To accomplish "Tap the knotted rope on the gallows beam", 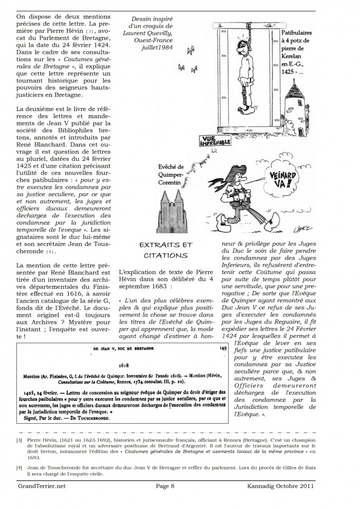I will [248, 26].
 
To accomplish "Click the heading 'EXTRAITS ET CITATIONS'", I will [166, 250].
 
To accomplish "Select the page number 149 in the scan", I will [223, 348].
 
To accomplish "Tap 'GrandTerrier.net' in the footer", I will [41, 485].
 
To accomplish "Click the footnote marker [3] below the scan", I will [19, 440].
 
